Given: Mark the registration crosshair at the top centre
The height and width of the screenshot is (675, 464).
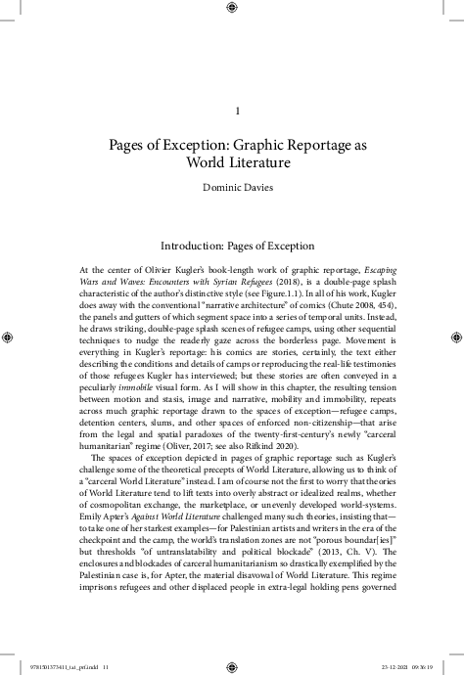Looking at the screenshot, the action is [232, 10].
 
